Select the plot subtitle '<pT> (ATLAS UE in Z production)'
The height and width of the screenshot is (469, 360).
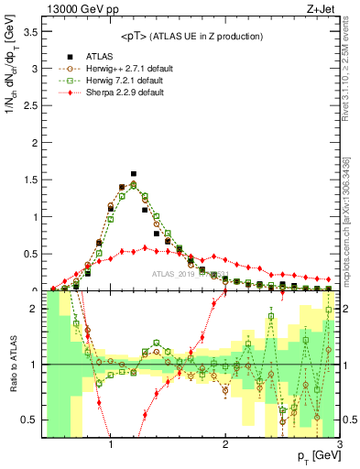coord(191,36)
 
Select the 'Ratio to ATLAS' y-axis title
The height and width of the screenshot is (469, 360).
coord(12,364)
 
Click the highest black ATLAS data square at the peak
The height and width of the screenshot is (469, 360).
coord(134,173)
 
